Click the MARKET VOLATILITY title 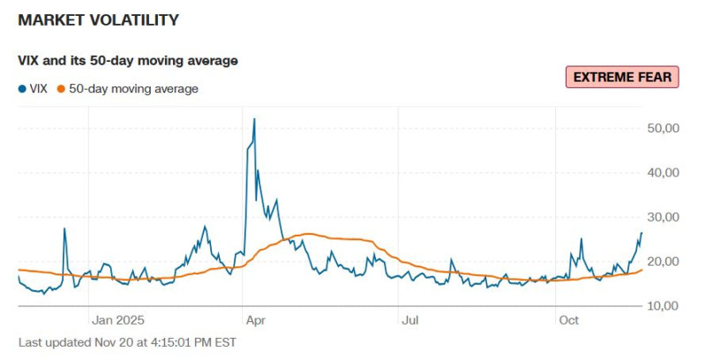98,19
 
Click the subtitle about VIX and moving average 128,61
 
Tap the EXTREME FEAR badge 623,78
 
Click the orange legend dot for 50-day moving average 61,89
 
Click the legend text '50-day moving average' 133,89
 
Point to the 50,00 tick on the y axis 663,129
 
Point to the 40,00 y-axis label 663,173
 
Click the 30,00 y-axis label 663,217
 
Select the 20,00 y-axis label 663,262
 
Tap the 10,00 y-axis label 663,306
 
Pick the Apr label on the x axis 254,320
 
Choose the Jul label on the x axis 409,320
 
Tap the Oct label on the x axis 569,320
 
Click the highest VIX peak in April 254,119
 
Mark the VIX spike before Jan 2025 64,229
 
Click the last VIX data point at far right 642,233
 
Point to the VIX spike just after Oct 582,239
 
